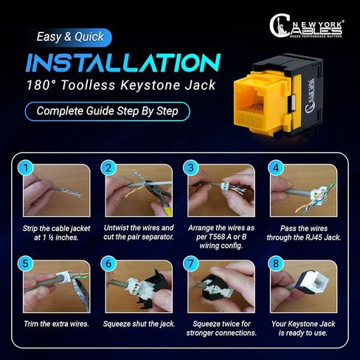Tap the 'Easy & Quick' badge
click(74, 36)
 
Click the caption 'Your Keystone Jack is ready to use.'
click(302, 327)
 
